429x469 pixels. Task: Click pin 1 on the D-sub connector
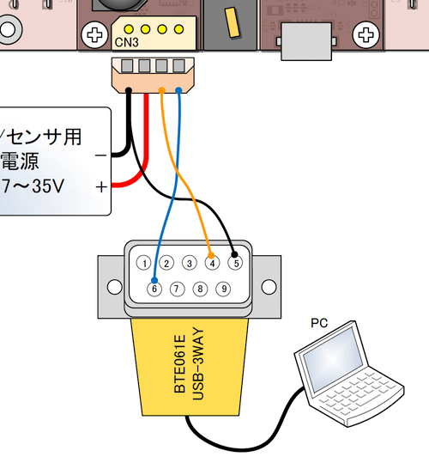point(143,263)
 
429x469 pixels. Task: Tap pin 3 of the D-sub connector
point(190,263)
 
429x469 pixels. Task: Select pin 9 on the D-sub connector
point(223,289)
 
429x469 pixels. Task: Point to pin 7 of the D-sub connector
point(177,289)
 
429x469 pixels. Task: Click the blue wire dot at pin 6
point(154,280)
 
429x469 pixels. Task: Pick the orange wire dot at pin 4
point(211,255)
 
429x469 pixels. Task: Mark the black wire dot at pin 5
point(234,254)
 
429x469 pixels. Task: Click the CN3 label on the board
point(127,42)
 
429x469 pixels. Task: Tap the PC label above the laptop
point(319,323)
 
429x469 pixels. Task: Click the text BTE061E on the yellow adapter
point(180,364)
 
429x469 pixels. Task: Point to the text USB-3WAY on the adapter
point(198,364)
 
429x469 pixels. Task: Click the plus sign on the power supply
point(101,187)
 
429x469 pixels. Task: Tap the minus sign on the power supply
point(100,155)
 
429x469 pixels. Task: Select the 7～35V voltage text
point(33,186)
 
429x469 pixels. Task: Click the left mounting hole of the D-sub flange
point(114,287)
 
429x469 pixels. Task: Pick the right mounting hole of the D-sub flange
point(269,287)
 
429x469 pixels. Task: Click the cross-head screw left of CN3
point(94,35)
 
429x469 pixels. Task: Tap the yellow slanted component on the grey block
point(233,22)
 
